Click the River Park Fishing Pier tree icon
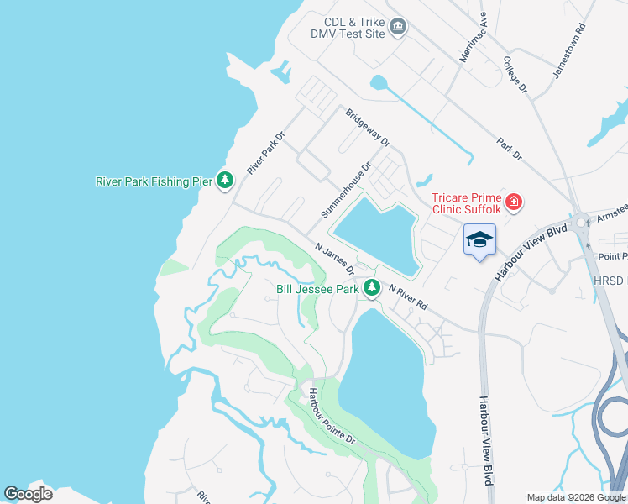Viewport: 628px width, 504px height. (x=224, y=180)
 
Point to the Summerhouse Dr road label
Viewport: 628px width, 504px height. (x=345, y=192)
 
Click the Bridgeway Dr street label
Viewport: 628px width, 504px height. (x=368, y=127)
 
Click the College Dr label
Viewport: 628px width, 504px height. (x=514, y=74)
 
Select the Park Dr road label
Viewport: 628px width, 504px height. (x=509, y=149)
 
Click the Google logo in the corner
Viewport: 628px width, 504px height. (x=28, y=494)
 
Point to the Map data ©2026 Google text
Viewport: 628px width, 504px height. (x=576, y=497)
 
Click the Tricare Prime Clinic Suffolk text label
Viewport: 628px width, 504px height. (x=466, y=203)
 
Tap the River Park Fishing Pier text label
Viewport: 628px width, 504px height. (x=154, y=181)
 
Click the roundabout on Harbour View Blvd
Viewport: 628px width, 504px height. (x=579, y=224)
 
